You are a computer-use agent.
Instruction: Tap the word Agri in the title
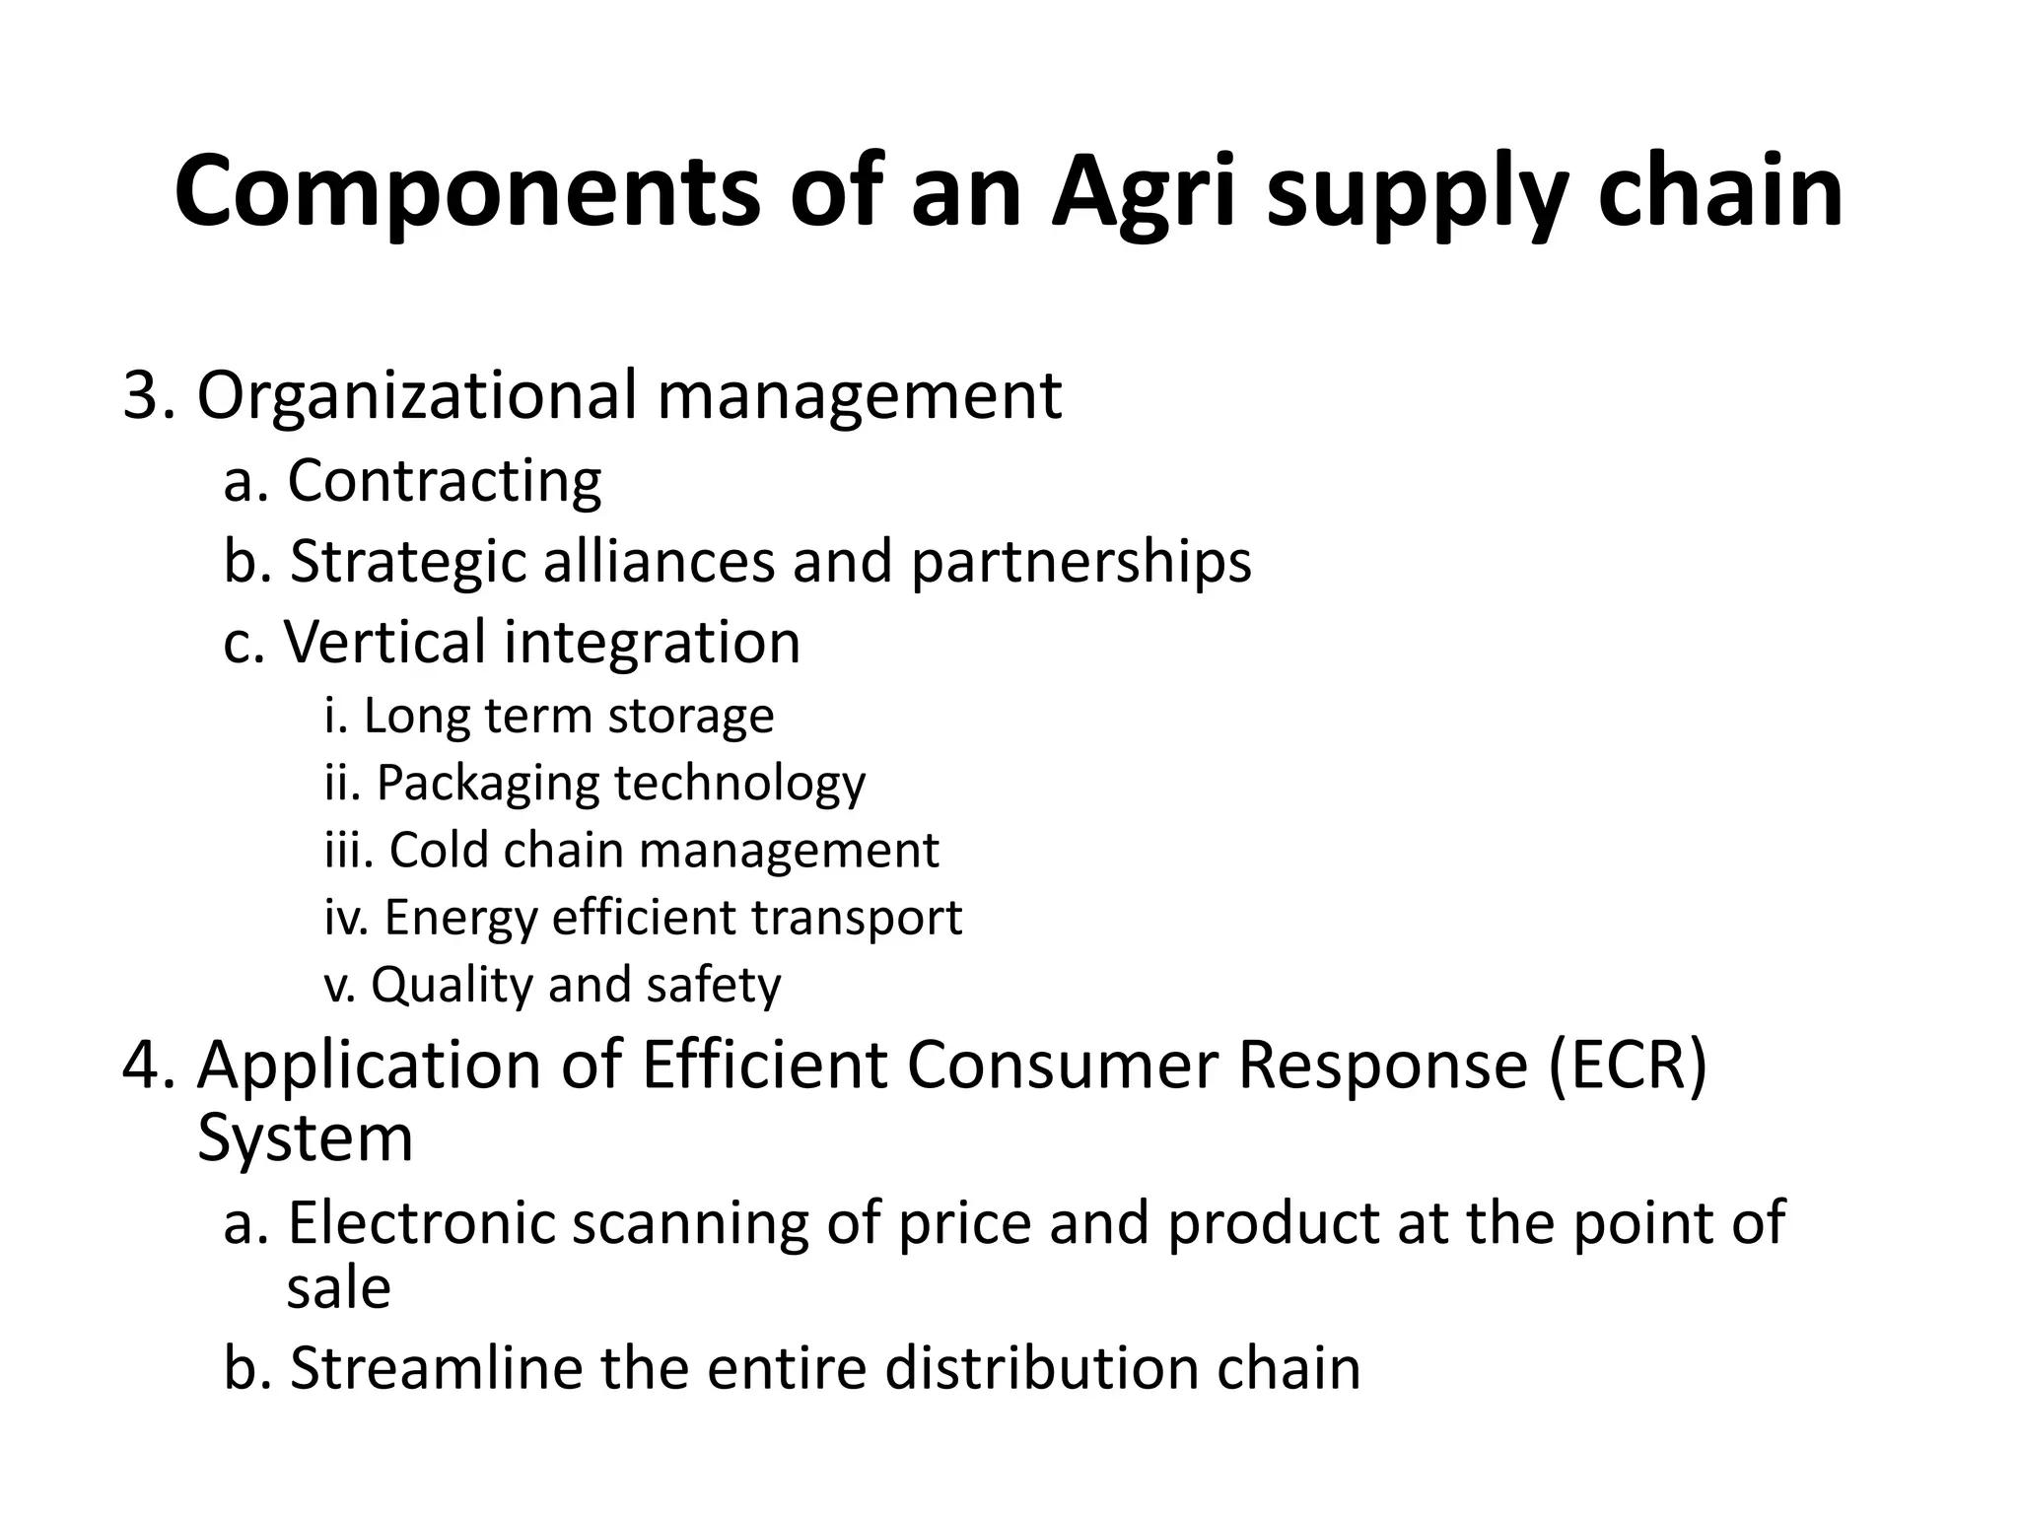click(1143, 192)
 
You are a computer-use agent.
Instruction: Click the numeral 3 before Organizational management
click(140, 395)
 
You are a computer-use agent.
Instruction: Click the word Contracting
click(444, 481)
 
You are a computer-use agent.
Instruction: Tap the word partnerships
click(1080, 563)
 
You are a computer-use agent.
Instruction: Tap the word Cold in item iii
click(438, 850)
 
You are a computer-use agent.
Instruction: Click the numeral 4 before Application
click(140, 1066)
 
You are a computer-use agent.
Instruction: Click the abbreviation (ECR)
click(1627, 1066)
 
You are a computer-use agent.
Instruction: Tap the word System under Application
click(305, 1138)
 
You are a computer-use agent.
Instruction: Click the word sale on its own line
click(338, 1288)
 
